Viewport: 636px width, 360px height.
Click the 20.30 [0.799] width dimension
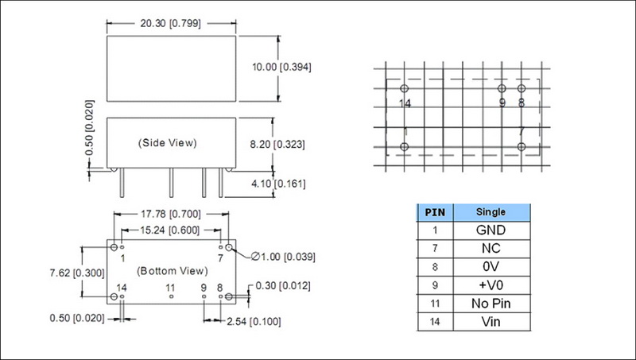pyautogui.click(x=170, y=24)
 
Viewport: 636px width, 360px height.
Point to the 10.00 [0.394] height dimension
pyautogui.click(x=281, y=67)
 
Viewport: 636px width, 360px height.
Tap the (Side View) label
pyautogui.click(x=167, y=143)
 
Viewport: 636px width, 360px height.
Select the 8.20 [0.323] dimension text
pyautogui.click(x=277, y=145)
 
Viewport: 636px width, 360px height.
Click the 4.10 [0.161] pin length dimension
pyautogui.click(x=278, y=184)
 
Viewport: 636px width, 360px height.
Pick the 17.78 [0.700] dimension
pyautogui.click(x=171, y=214)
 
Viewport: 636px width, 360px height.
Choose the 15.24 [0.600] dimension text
pyautogui.click(x=170, y=230)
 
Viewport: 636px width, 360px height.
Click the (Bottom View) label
pyautogui.click(x=173, y=271)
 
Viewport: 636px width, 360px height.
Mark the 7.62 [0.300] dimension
pyautogui.click(x=77, y=273)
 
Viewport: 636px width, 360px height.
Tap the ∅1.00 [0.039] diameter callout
pyautogui.click(x=283, y=257)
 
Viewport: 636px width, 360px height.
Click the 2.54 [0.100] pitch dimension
pyautogui.click(x=254, y=322)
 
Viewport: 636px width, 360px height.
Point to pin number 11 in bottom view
pyautogui.click(x=170, y=288)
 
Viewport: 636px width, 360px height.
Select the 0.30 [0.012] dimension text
pyautogui.click(x=283, y=286)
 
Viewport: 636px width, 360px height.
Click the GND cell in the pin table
pyautogui.click(x=491, y=230)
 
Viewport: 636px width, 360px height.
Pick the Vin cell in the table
pyautogui.click(x=491, y=322)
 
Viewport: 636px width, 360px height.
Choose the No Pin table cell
pyautogui.click(x=491, y=304)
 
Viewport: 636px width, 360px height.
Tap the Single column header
pyautogui.click(x=491, y=212)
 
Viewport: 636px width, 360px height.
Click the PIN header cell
pyautogui.click(x=435, y=212)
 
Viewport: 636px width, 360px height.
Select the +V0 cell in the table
pyautogui.click(x=491, y=285)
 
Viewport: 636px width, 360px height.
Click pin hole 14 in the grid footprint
pyautogui.click(x=404, y=88)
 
